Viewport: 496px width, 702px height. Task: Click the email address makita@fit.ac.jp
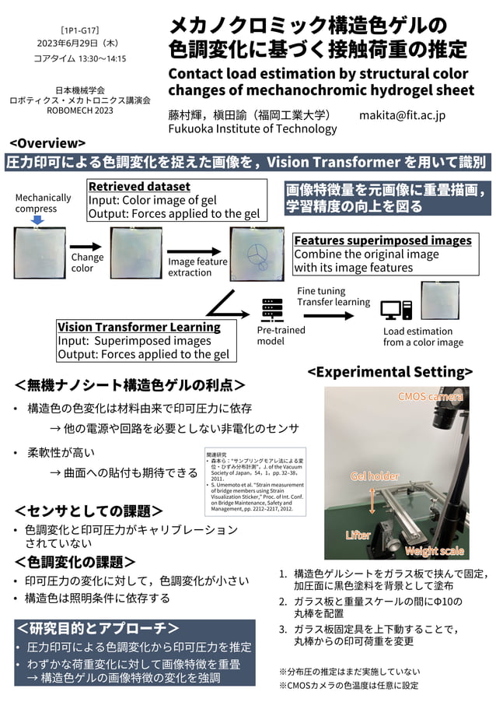[402, 115]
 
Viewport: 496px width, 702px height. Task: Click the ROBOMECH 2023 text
[80, 111]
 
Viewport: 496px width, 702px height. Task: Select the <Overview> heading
[47, 143]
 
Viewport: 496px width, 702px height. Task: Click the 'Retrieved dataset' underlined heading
[139, 187]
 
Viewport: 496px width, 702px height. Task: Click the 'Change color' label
[87, 262]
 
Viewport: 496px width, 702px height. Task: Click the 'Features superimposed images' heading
[382, 240]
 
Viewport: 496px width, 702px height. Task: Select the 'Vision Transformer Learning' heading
[139, 327]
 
